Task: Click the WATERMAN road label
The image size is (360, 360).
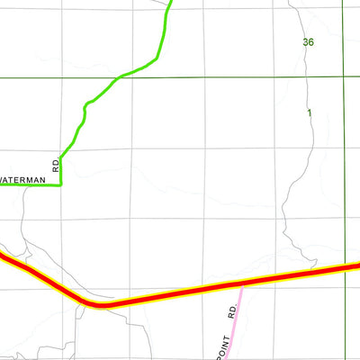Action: coord(22,180)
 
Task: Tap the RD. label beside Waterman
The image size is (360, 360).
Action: coord(55,166)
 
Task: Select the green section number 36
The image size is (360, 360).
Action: coord(309,42)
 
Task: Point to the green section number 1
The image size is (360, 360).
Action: coord(309,112)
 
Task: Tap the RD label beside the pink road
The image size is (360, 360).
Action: coord(231,312)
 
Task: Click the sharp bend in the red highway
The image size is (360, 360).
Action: coord(101,306)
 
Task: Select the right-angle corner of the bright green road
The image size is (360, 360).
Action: coord(60,184)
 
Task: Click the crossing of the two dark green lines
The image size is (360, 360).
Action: coord(343,78)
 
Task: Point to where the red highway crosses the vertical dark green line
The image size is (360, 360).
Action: coord(344,267)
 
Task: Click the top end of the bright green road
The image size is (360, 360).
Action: coord(169,2)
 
